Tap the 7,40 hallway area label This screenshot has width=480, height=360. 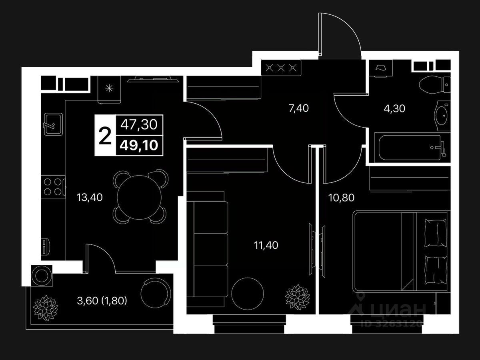click(x=299, y=108)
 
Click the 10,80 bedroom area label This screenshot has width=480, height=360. click(x=341, y=197)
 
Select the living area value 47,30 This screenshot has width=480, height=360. click(x=139, y=125)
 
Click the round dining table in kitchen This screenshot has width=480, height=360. click(x=140, y=196)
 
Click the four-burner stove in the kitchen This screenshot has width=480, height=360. click(x=53, y=186)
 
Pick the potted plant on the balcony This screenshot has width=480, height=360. click(x=45, y=308)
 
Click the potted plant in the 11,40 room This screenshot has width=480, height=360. click(x=298, y=296)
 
